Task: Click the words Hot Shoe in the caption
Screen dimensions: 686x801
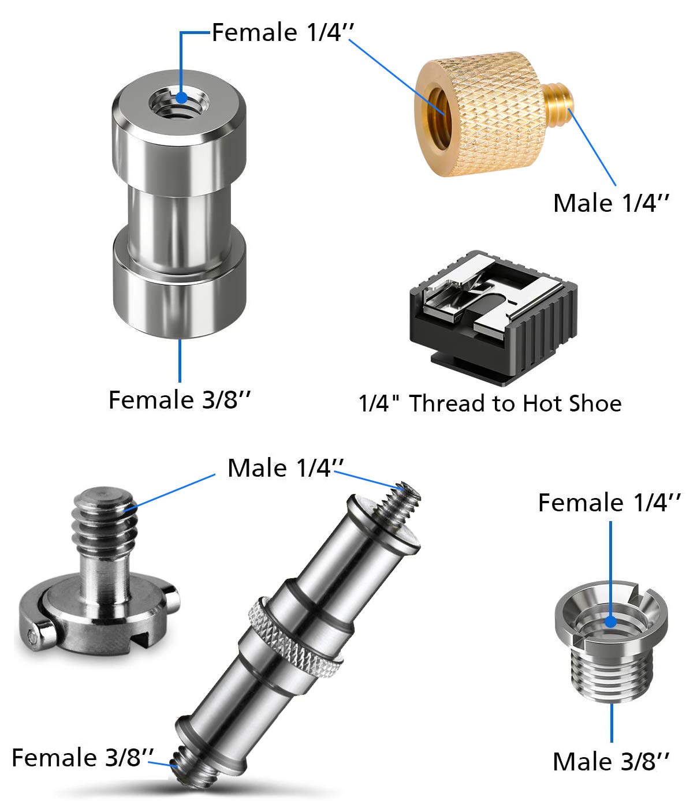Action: pos(572,403)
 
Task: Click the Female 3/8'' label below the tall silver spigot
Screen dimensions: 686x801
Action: pos(179,399)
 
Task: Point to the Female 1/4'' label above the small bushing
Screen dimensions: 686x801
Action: pos(609,503)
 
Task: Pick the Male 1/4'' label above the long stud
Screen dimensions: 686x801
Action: pos(285,468)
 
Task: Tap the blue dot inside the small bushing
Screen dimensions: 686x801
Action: pos(610,622)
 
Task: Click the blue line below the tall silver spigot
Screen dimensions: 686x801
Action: pos(180,360)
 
